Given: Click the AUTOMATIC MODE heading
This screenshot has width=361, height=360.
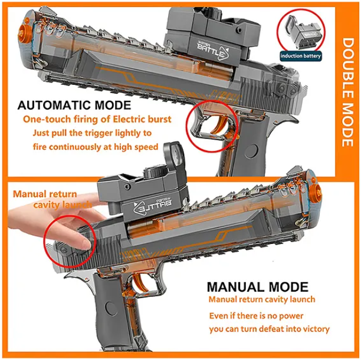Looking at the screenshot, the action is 74,105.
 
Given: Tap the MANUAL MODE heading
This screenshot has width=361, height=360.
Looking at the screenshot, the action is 258,286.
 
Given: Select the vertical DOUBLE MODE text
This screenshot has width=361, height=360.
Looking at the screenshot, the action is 347,93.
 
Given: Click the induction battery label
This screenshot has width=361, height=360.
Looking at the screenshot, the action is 300,56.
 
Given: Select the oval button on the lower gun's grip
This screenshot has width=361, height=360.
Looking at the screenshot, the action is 109,309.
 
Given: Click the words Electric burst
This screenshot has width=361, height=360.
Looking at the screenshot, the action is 142,120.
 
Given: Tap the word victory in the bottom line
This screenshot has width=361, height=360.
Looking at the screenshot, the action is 316,329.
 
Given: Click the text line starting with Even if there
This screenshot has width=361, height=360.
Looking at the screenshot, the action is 256,316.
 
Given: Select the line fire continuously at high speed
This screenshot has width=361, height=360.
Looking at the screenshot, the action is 96,147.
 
